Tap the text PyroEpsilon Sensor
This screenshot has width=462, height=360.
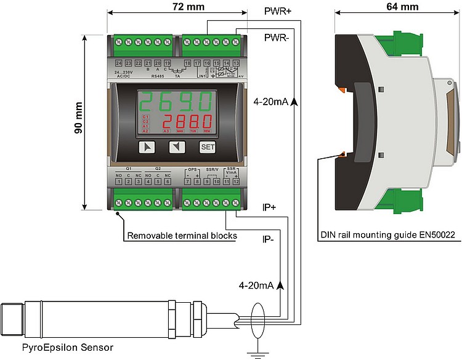(59, 348)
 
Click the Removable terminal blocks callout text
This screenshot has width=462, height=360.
(182, 235)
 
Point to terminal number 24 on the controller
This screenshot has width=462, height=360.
(118, 63)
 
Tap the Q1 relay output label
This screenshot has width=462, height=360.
(128, 168)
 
